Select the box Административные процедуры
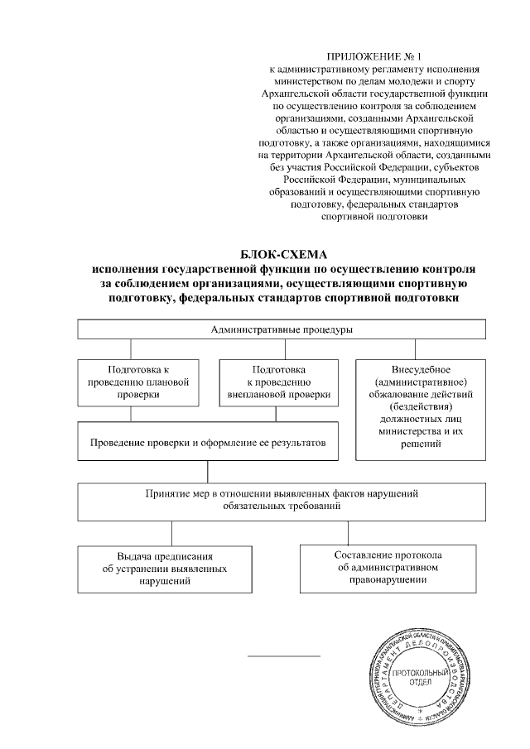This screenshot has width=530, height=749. coord(282,329)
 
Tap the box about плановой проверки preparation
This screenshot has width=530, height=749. coord(138,382)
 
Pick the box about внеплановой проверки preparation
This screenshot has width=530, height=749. coord(278,382)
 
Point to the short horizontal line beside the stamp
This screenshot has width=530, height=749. coord(284,657)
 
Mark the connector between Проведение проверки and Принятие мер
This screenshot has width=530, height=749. coord(208,473)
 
